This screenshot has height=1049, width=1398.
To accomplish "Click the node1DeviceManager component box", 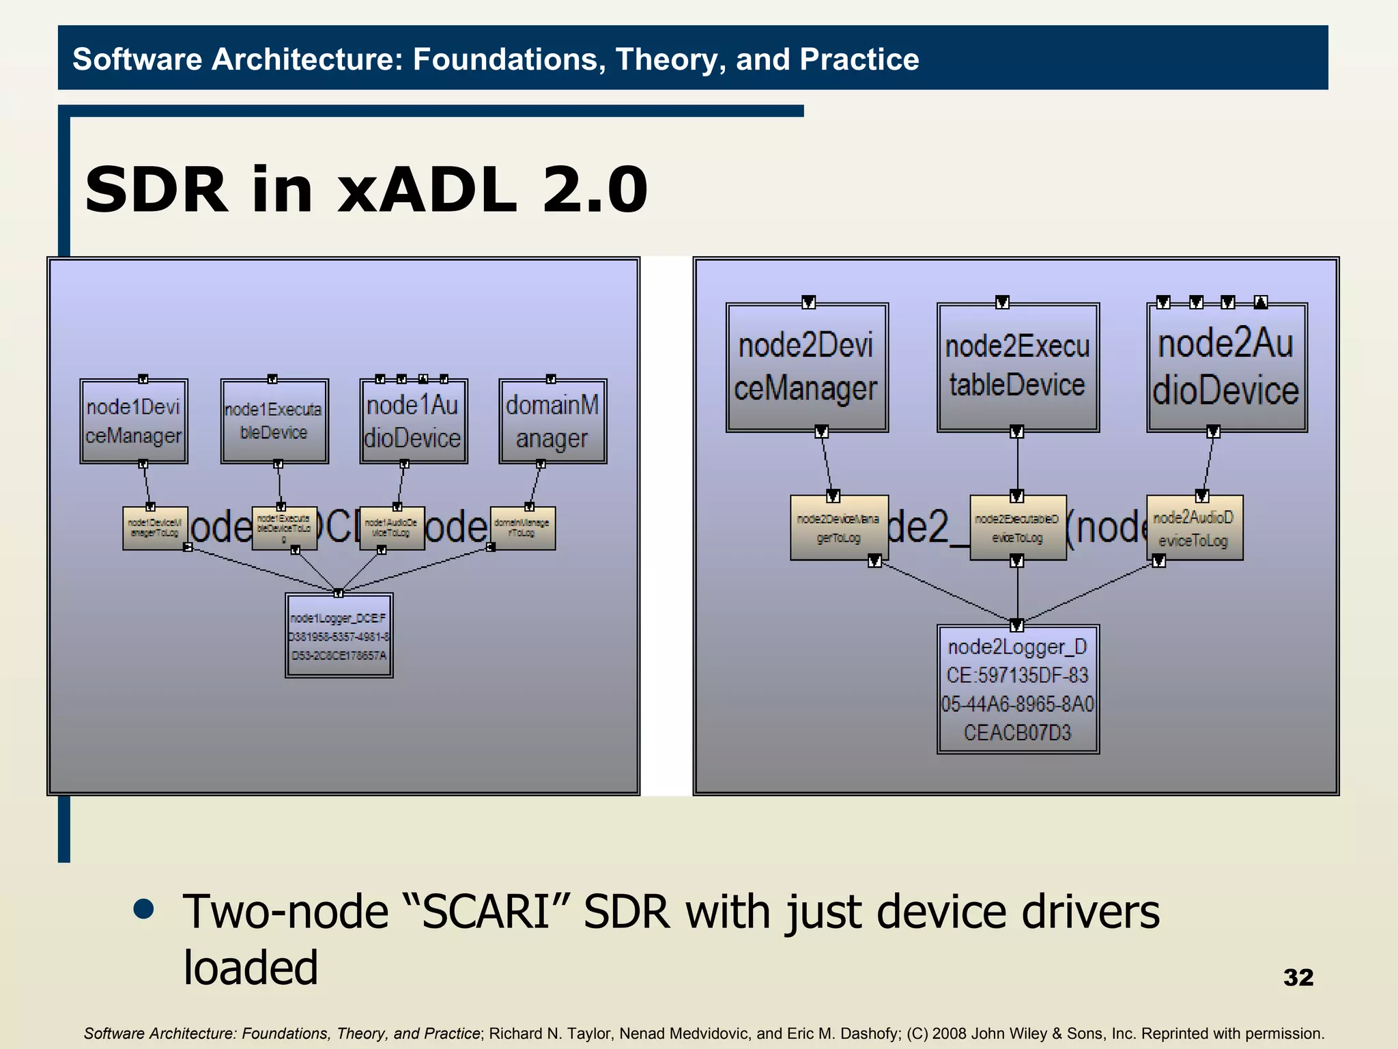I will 134,421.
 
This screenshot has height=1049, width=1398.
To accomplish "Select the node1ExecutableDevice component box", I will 274,421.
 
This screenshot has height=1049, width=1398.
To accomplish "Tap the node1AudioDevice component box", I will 414,421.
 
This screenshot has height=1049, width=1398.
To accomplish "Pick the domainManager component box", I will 553,421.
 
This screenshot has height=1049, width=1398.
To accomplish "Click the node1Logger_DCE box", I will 339,636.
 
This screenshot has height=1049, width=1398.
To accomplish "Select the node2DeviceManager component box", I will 807,367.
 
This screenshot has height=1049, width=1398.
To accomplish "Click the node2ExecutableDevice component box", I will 1018,367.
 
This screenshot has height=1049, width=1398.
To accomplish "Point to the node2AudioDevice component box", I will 1227,367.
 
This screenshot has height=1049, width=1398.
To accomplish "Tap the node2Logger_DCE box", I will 1018,689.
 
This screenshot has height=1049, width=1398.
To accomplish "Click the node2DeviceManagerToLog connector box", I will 839,528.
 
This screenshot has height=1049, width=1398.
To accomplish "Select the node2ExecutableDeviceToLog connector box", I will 1018,528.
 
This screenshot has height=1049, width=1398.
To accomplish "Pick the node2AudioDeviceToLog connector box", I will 1195,528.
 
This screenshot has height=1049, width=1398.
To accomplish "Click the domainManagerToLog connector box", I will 523,528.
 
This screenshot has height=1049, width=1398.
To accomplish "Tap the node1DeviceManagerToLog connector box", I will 155,528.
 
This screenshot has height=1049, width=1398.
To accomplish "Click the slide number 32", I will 1298,977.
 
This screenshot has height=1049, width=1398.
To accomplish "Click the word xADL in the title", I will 427,190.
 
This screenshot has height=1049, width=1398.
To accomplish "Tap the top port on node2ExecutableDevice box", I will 1002,303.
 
